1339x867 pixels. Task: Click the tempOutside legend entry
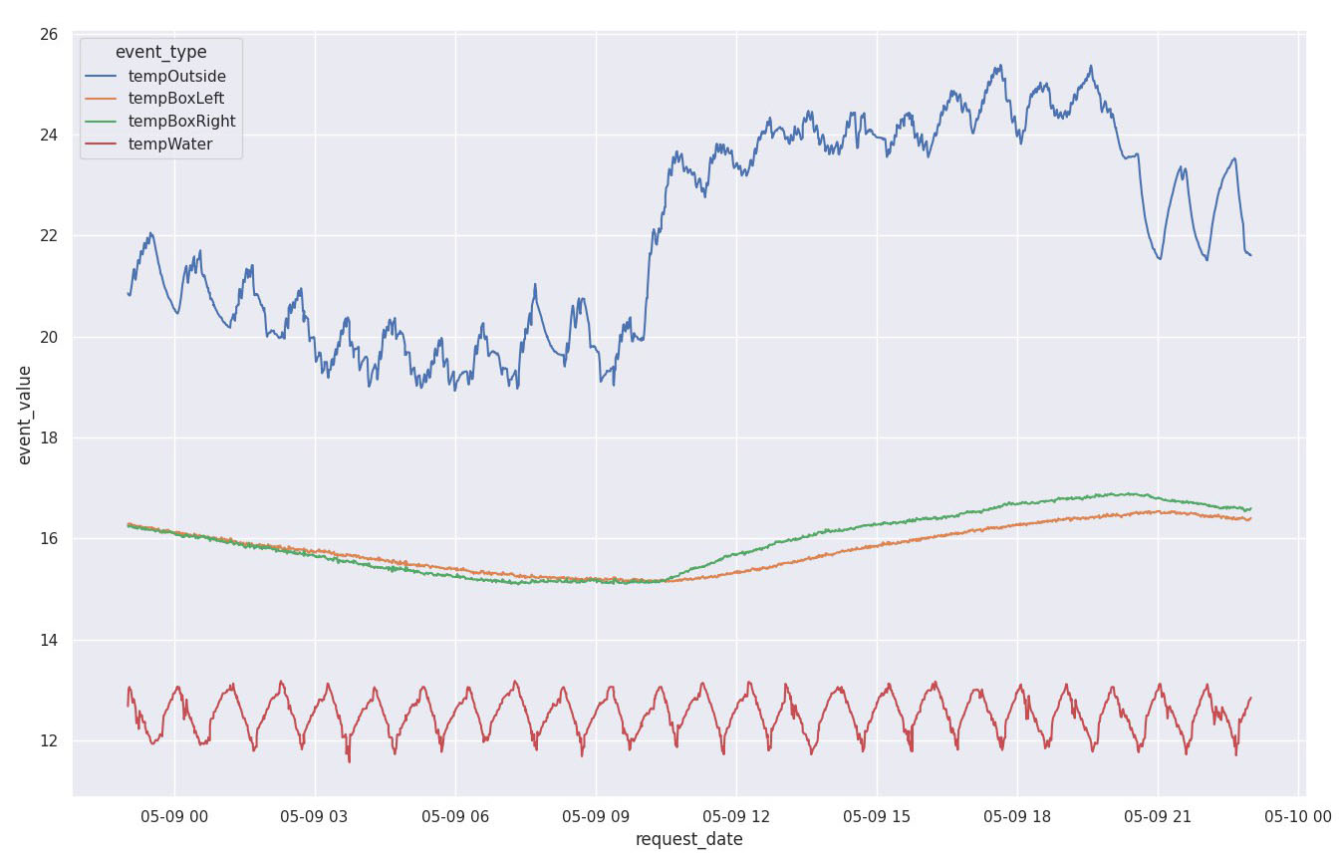click(x=176, y=76)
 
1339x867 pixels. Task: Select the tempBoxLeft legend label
click(x=176, y=99)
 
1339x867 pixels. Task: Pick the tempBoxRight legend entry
click(x=181, y=122)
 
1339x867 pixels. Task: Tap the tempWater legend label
click(x=169, y=144)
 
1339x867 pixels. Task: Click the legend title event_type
click(x=160, y=52)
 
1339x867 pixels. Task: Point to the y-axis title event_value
click(x=25, y=415)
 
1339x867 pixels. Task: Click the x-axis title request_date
click(x=688, y=839)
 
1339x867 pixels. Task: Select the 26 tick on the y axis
click(x=48, y=35)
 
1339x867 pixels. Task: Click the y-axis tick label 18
click(x=48, y=438)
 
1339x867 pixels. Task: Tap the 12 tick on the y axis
click(x=48, y=741)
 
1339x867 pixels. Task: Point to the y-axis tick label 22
click(x=48, y=237)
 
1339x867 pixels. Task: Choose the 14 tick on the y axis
click(x=48, y=641)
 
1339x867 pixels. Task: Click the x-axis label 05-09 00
click(x=174, y=816)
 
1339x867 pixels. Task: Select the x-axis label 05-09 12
click(x=735, y=816)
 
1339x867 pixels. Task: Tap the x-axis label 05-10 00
click(x=1297, y=816)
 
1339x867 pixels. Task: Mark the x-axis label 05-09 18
click(x=1016, y=816)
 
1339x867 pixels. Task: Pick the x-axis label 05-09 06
click(x=455, y=816)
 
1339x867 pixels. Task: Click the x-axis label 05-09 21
click(x=1157, y=816)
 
